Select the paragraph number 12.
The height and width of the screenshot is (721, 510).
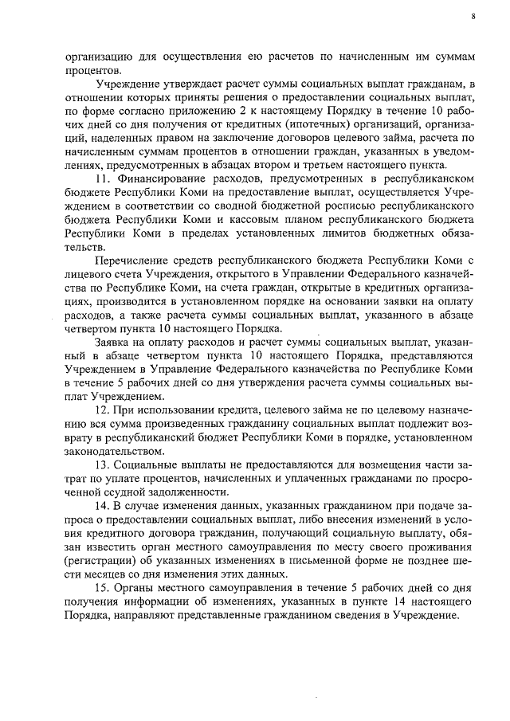tap(101, 410)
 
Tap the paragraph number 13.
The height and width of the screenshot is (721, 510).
tap(101, 464)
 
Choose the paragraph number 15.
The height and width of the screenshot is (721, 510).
tap(101, 587)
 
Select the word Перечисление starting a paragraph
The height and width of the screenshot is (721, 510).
tap(131, 261)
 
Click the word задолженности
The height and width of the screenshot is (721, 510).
tap(184, 491)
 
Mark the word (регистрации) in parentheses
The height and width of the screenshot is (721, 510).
tap(100, 560)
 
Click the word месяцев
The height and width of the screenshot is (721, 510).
tap(90, 574)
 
